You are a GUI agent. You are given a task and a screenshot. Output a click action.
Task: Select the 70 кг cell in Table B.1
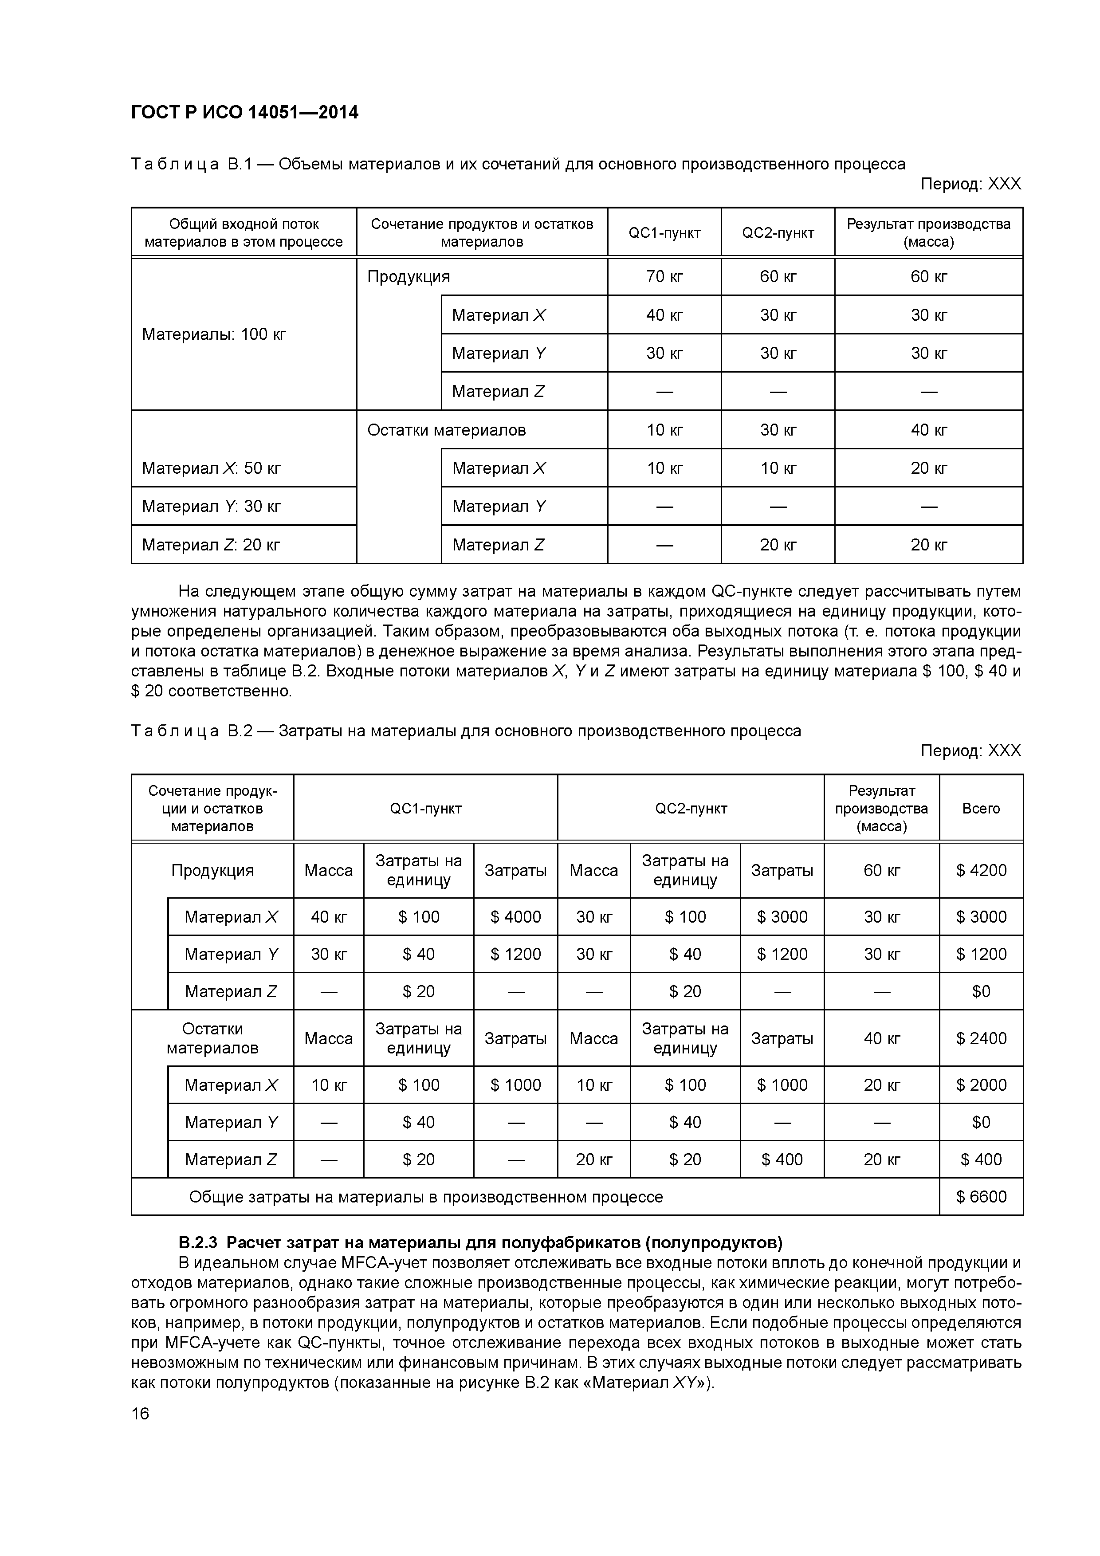[664, 276]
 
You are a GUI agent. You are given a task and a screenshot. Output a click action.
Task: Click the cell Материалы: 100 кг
[214, 334]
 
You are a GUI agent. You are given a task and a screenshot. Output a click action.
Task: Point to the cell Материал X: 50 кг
[212, 468]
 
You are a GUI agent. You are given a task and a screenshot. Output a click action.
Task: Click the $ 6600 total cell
[981, 1197]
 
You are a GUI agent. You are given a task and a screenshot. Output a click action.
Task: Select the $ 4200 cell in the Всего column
[981, 870]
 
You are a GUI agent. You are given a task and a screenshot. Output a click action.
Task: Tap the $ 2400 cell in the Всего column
[981, 1038]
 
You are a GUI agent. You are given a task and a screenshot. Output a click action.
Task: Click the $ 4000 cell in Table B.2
[515, 917]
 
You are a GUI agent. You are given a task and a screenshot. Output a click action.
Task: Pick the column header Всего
[981, 809]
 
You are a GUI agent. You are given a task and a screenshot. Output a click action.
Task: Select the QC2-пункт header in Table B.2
[691, 809]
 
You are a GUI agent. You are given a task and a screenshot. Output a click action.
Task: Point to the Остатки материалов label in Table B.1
[446, 430]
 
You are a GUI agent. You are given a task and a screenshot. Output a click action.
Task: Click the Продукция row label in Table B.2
[212, 870]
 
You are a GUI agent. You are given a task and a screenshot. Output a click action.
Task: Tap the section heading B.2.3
[480, 1243]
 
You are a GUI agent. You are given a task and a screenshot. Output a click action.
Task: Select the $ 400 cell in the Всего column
[981, 1159]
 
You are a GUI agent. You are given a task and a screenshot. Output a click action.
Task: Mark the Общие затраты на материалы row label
[426, 1197]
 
